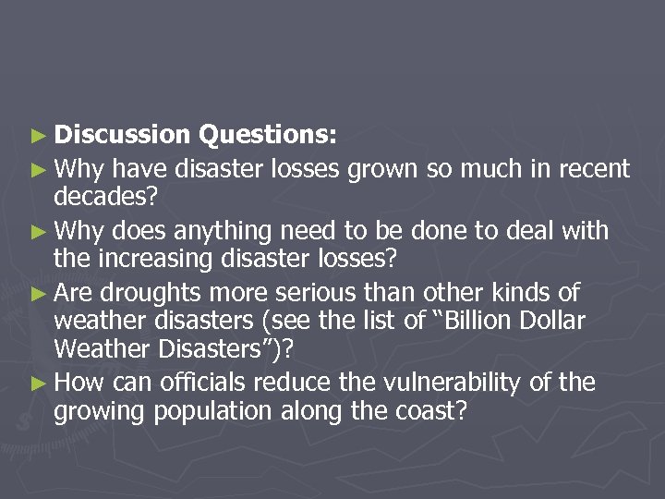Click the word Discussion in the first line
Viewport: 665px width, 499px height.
click(x=122, y=136)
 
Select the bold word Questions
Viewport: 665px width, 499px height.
click(x=267, y=136)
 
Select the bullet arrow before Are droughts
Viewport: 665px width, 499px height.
click(x=39, y=294)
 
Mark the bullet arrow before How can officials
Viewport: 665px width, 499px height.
click(x=39, y=383)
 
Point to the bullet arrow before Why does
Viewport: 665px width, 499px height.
click(x=39, y=230)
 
